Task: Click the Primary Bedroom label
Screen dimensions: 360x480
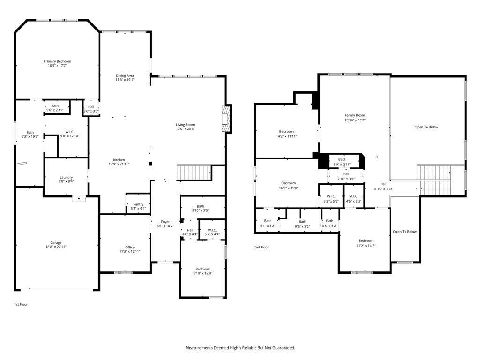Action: click(57, 61)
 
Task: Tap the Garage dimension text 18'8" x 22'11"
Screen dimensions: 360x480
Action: click(56, 247)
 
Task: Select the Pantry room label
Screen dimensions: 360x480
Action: click(138, 204)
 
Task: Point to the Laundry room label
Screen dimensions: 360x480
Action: click(66, 177)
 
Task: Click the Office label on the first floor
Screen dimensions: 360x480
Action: click(130, 247)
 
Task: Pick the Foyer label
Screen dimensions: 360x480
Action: click(165, 222)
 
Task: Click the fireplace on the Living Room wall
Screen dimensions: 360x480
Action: click(226, 119)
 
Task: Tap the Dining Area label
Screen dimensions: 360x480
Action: click(125, 75)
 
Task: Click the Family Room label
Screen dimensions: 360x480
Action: click(355, 115)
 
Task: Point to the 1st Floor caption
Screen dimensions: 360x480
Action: click(21, 304)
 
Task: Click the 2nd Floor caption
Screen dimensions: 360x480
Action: click(262, 247)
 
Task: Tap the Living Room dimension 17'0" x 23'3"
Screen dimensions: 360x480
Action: click(185, 129)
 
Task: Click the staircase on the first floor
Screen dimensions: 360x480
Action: click(193, 172)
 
